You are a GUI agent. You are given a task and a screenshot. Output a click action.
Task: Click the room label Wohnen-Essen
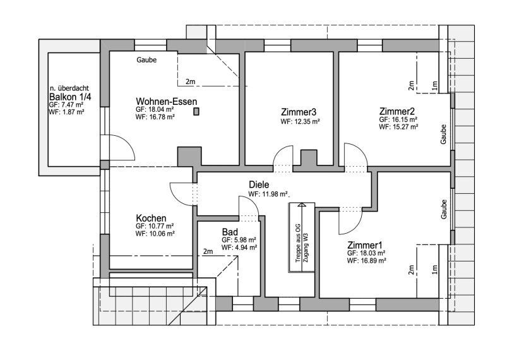[167, 101]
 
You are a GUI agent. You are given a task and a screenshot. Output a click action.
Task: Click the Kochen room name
[151, 217]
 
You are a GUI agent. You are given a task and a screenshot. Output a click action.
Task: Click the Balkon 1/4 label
[70, 97]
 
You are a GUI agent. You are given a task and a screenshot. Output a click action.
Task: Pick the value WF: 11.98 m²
[268, 195]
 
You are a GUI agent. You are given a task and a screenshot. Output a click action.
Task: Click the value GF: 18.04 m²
[155, 109]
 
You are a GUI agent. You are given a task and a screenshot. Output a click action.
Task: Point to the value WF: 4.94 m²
[239, 248]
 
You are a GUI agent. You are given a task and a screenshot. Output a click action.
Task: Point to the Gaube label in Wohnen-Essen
[146, 60]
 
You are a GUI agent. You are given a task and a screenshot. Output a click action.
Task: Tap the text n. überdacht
[70, 88]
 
